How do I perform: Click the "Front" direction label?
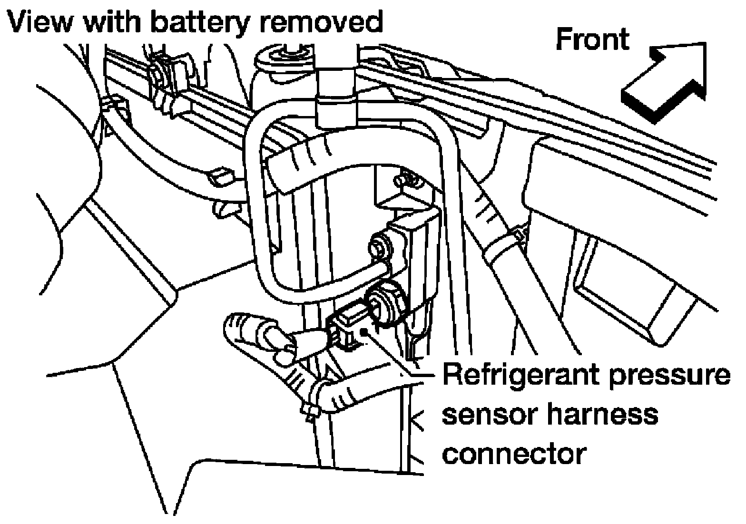(592, 39)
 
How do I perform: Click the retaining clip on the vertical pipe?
(334, 95)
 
